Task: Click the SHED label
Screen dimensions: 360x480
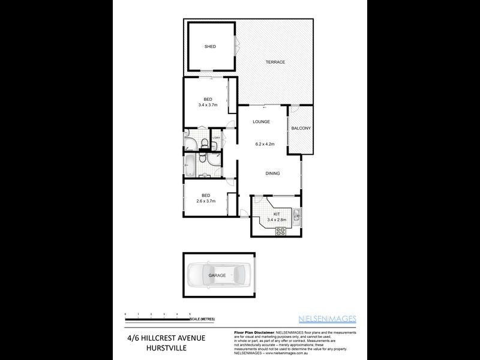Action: tap(210, 46)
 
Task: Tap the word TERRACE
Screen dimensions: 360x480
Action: tap(275, 62)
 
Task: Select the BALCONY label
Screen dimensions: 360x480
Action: tap(301, 128)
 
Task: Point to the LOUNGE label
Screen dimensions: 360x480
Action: tap(261, 122)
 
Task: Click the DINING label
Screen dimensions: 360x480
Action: tap(273, 173)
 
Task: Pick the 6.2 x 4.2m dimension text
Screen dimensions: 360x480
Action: tap(264, 144)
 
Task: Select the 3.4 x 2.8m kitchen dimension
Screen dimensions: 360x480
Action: tap(277, 220)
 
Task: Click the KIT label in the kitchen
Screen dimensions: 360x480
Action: tap(277, 214)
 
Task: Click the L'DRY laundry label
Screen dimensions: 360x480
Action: tap(217, 139)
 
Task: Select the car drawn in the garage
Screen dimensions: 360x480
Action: tap(217, 275)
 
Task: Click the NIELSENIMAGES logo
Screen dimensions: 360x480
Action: tap(333, 318)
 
